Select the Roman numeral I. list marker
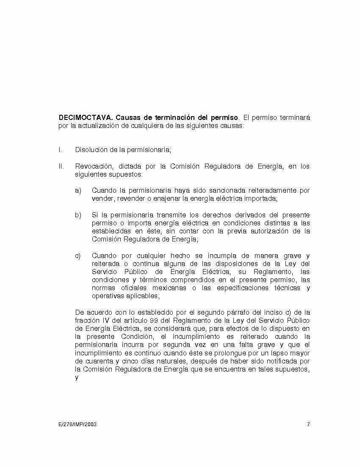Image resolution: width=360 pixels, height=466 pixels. tap(60, 150)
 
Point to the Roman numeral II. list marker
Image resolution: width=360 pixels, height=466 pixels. tap(61, 166)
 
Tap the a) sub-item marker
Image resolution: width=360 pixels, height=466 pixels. tap(78, 191)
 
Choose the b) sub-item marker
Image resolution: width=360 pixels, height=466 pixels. tap(78, 215)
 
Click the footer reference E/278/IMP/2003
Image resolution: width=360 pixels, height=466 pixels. tap(78, 424)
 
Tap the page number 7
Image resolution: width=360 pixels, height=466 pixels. tap(308, 424)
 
